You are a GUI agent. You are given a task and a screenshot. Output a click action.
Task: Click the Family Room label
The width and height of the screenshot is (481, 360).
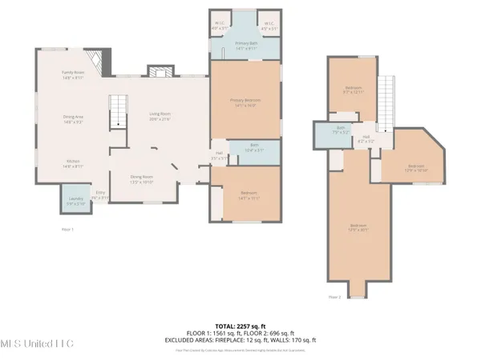click(x=73, y=75)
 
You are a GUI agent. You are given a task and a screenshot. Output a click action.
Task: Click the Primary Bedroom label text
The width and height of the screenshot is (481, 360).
click(x=245, y=101)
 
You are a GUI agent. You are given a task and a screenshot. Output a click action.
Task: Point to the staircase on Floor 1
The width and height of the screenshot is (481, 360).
click(x=119, y=110)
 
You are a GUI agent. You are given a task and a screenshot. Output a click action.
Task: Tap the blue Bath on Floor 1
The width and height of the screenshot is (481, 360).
click(x=254, y=150)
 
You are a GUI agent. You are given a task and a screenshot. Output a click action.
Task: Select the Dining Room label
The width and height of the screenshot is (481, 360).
click(x=141, y=179)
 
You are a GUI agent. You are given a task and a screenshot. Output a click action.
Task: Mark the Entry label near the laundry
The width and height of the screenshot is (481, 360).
click(x=100, y=194)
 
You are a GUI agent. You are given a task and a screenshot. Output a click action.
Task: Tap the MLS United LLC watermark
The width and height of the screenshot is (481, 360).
click(x=37, y=344)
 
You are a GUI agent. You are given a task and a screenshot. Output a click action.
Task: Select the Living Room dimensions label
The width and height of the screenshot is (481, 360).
click(x=160, y=118)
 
